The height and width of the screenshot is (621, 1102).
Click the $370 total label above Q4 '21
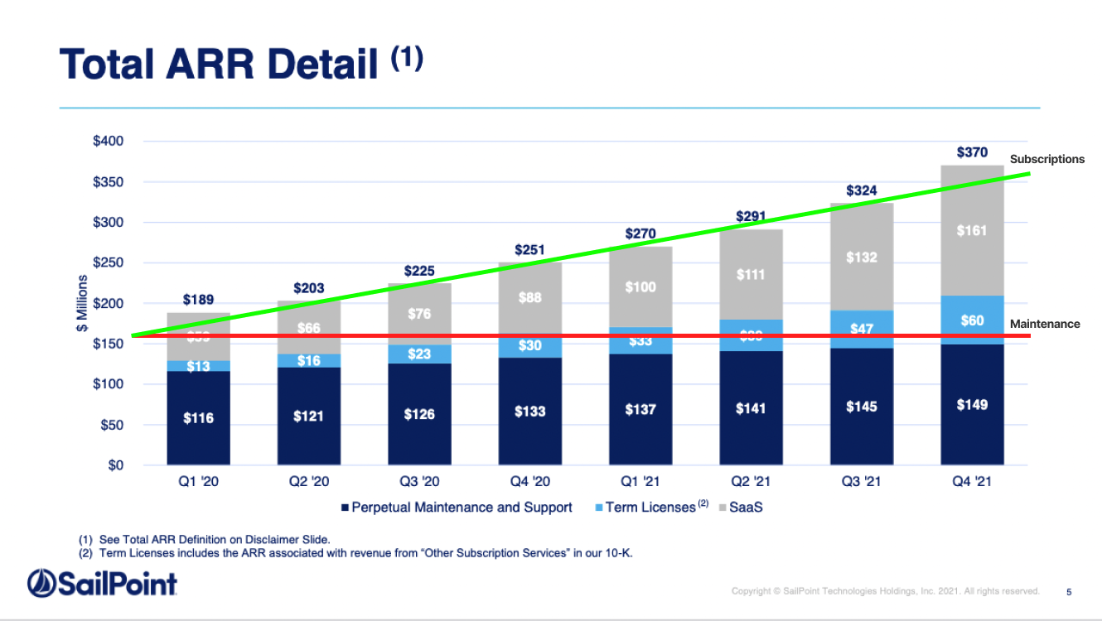pos(972,152)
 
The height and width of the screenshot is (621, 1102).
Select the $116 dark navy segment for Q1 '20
pos(198,418)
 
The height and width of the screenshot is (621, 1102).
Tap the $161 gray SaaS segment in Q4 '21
pos(972,230)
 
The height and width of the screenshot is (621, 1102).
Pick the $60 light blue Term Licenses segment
pos(972,320)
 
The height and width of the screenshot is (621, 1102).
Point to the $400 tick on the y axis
pos(108,141)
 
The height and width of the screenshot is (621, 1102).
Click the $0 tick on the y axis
pos(114,465)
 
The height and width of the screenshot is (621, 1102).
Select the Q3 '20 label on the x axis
pos(419,481)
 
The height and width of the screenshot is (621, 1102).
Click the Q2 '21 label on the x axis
pos(751,481)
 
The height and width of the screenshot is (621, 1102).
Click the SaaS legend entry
pos(745,507)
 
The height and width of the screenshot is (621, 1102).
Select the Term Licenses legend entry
pos(650,507)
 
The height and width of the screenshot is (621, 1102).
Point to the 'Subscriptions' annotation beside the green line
pos(1046,159)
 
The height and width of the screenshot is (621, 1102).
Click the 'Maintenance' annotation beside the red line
pos(1045,324)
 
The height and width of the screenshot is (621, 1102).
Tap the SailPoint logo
pos(102,584)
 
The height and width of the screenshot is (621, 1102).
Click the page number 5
pos(1069,591)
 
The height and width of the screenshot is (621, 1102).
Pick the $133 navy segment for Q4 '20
pos(529,412)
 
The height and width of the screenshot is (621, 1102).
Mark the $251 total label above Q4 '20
pos(529,249)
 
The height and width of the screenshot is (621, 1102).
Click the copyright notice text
pos(885,591)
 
